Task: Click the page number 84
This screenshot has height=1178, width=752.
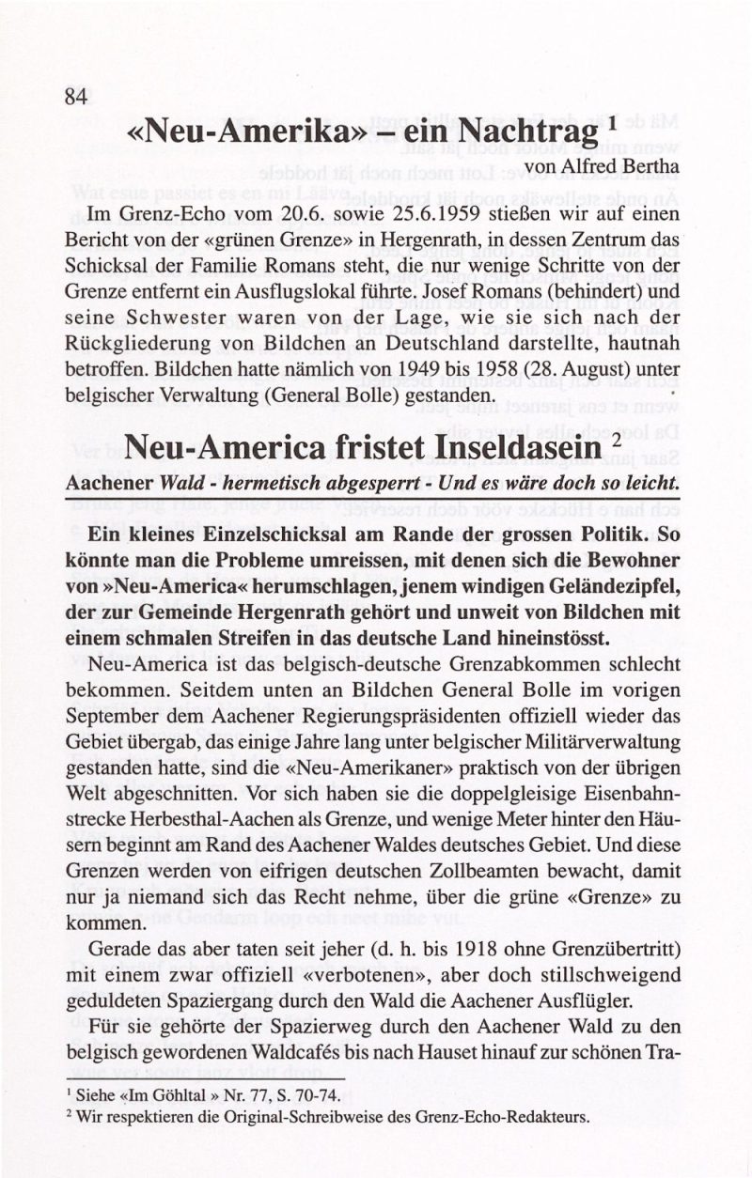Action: click(x=76, y=96)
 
